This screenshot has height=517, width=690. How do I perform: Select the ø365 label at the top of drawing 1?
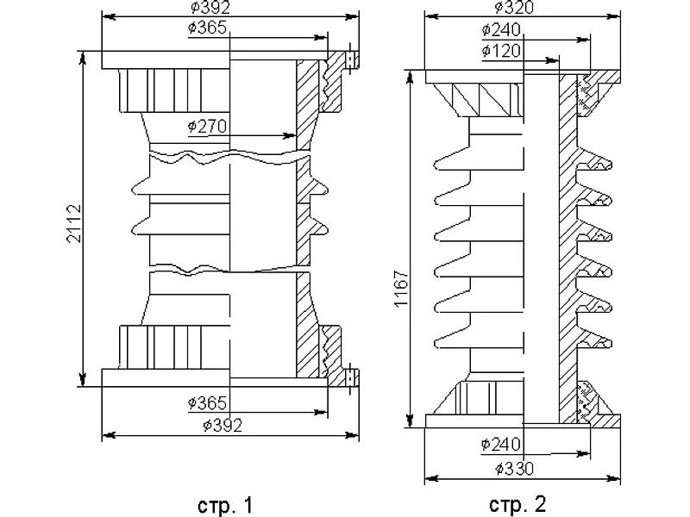[207, 28]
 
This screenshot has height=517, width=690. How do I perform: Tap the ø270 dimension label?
[207, 126]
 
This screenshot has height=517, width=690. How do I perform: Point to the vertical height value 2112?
[74, 223]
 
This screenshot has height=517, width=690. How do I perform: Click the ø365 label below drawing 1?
[207, 402]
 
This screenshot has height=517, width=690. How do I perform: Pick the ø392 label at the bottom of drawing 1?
[223, 425]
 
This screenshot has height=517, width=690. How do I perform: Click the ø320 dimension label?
[514, 7]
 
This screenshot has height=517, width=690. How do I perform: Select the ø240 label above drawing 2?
[501, 30]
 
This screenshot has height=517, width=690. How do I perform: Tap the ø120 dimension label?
[501, 51]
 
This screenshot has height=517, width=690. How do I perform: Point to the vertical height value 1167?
[402, 289]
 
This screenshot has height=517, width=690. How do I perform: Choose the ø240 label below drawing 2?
[501, 445]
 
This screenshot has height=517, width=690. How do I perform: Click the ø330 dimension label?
[514, 468]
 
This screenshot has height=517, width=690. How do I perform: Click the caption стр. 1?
[226, 505]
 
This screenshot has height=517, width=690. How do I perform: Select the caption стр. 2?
[518, 504]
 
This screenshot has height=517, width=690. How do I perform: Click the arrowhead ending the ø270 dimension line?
[289, 135]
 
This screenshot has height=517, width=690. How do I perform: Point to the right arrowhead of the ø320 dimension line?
[614, 16]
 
